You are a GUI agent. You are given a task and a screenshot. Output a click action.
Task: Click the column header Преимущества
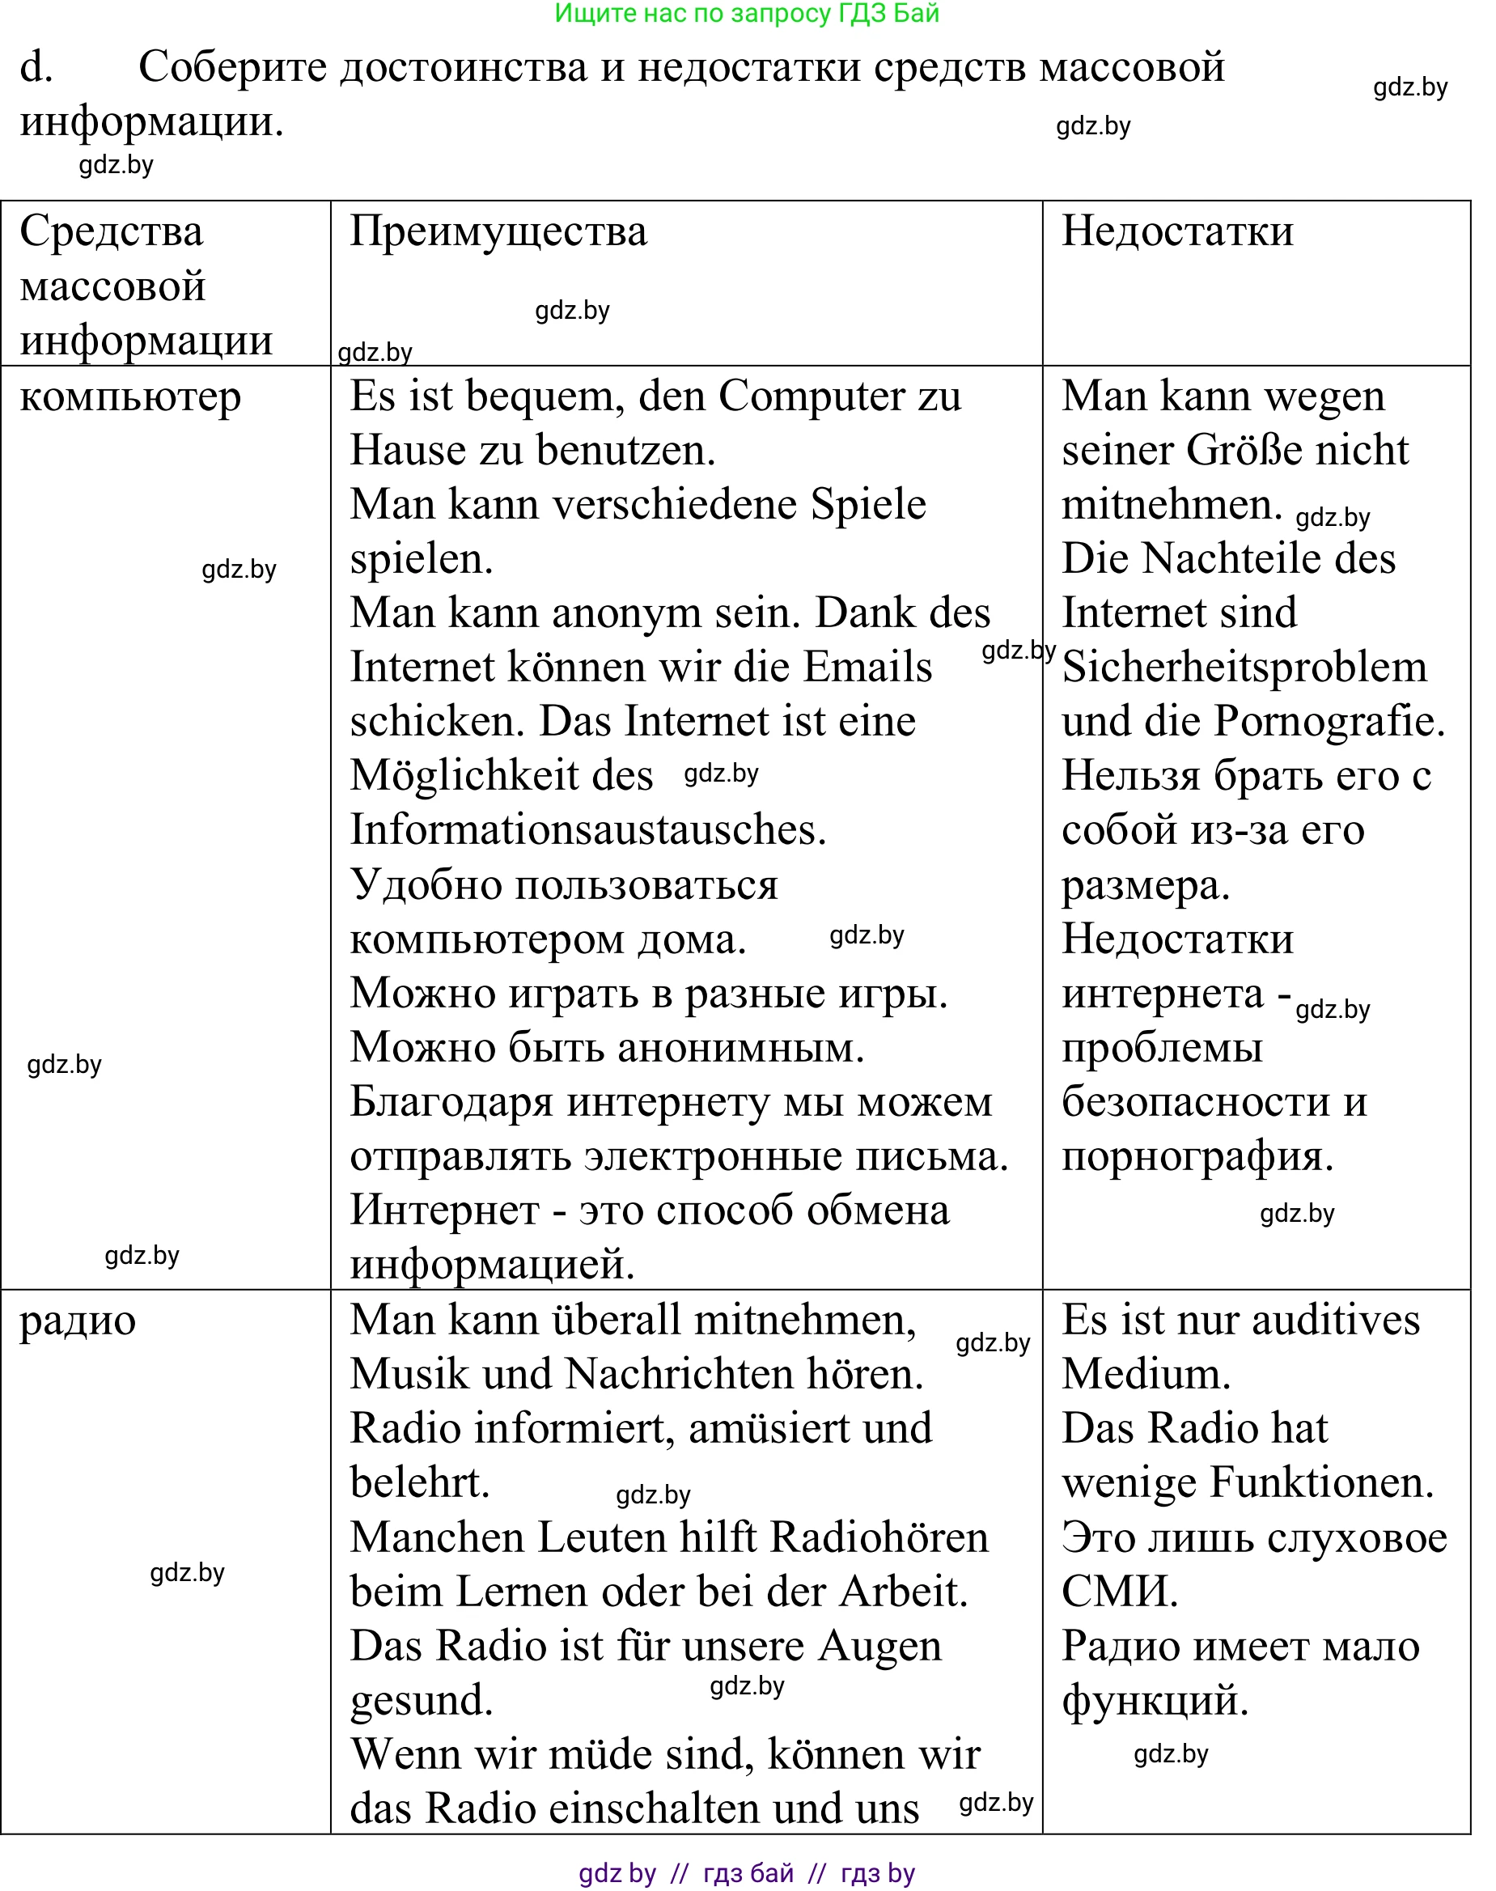tap(498, 232)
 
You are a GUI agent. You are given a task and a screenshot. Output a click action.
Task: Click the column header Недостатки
tap(1177, 232)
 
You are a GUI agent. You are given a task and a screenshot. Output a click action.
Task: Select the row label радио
tap(78, 1321)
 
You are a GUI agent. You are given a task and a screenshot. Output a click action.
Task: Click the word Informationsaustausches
tap(587, 829)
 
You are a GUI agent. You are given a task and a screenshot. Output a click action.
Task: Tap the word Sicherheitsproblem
tap(1244, 668)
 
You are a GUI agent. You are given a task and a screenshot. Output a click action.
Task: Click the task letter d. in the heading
tap(36, 67)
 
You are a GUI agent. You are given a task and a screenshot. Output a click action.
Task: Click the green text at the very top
tap(747, 13)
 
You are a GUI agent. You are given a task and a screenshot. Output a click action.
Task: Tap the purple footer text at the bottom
tap(747, 1873)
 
